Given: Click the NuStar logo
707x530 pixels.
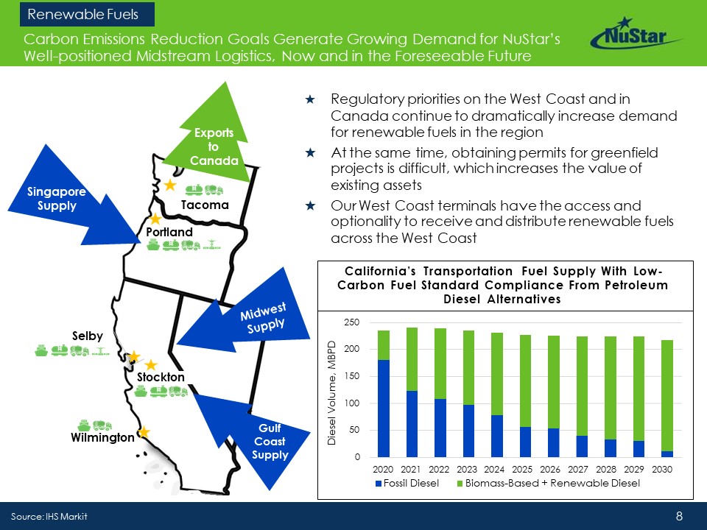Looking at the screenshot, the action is (636, 33).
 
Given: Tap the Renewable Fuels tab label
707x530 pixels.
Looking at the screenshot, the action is (83, 15).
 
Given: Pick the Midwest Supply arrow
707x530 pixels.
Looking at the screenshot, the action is (246, 318).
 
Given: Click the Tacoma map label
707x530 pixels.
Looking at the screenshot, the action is (205, 205).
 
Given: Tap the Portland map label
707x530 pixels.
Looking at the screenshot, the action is (169, 232).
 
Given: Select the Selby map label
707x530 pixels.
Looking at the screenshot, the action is (88, 336).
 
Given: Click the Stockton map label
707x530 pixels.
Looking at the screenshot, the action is (161, 377).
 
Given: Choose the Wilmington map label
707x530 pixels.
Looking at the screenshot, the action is (102, 437).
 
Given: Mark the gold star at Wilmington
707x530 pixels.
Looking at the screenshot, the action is (144, 433).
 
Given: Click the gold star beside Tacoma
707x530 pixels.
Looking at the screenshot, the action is (170, 185).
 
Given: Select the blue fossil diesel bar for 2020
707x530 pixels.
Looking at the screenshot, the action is (383, 409).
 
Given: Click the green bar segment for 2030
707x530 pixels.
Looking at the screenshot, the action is (667, 396).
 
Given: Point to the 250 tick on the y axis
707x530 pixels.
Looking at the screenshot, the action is (352, 322).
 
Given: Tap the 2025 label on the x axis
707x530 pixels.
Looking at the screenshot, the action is (522, 469).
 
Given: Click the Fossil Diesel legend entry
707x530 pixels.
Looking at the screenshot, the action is (407, 483).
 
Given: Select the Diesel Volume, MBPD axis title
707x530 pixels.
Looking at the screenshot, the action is (332, 393).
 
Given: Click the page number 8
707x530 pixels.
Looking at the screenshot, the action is (680, 516).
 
